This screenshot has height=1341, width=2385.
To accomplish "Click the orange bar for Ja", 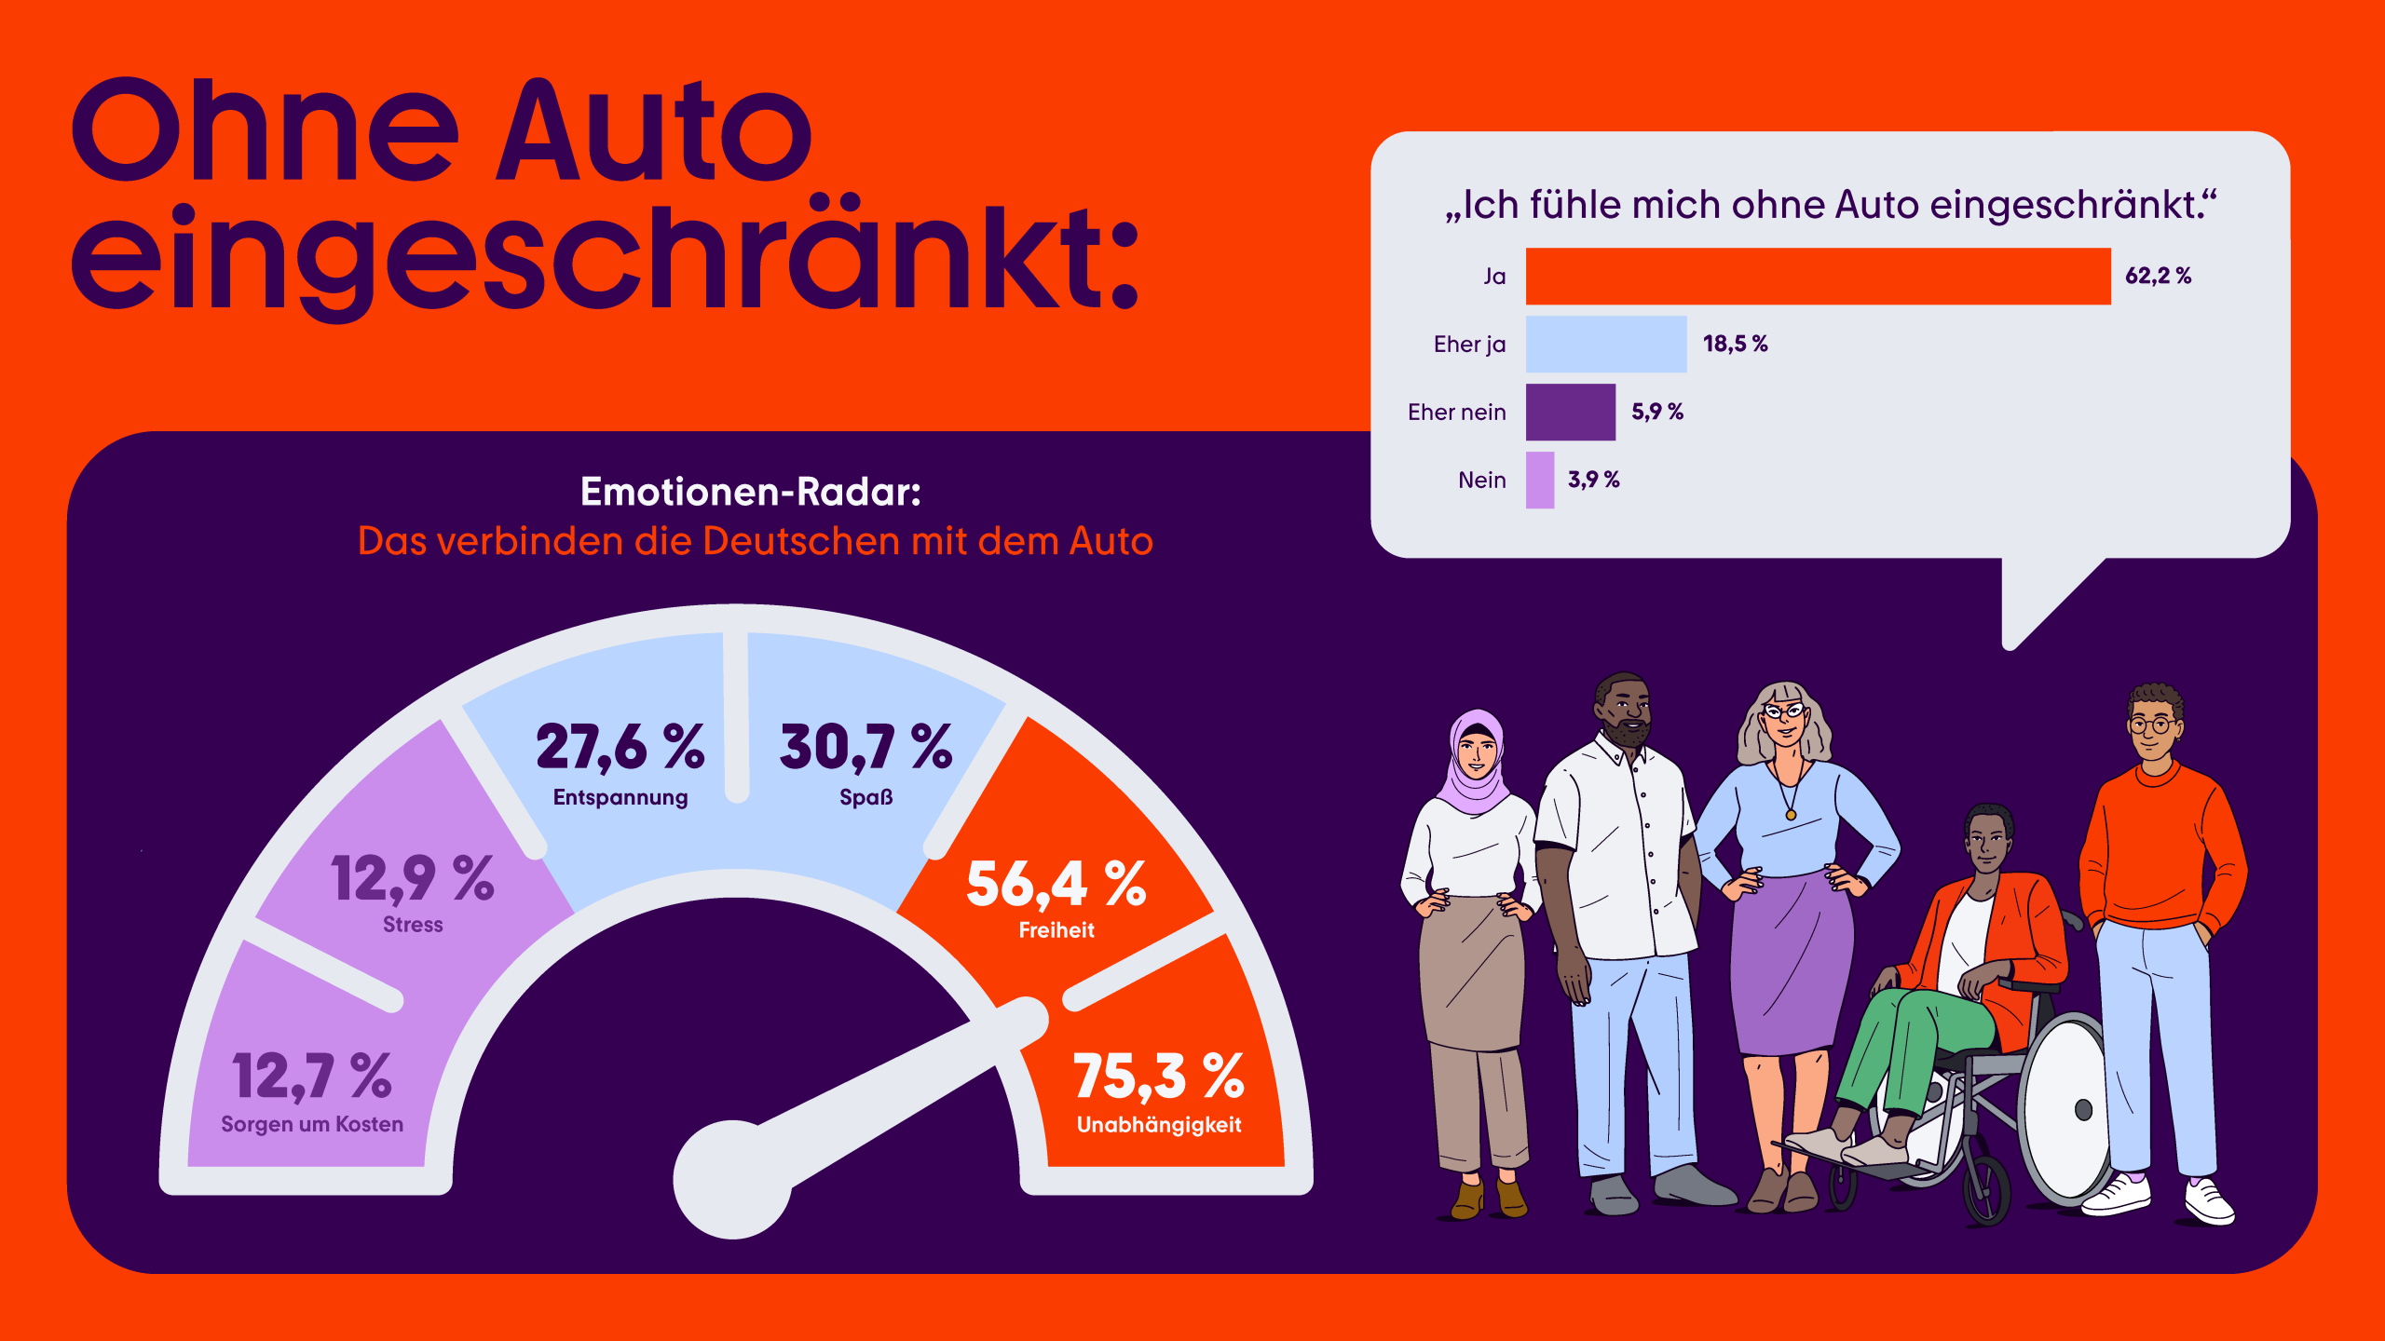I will click(x=1817, y=276).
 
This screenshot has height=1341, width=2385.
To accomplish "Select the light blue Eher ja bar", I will click(x=1605, y=344).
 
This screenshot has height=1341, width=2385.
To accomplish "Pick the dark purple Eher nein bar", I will click(x=1570, y=412).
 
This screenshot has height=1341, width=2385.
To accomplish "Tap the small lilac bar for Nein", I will click(x=1539, y=480).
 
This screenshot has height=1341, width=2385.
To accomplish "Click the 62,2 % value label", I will click(x=2158, y=276).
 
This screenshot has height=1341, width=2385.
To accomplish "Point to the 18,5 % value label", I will click(x=1735, y=344).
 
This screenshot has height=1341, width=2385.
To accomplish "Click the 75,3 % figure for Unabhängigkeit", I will click(x=1158, y=1077).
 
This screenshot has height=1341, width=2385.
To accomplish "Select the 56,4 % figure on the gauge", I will click(x=1056, y=884).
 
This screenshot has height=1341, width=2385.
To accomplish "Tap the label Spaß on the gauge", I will click(x=865, y=797).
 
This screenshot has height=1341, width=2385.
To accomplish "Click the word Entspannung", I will click(x=620, y=797).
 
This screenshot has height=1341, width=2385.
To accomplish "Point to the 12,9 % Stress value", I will click(x=412, y=879).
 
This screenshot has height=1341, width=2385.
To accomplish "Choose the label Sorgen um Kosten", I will click(x=312, y=1124).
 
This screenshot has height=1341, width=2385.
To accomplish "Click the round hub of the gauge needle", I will click(x=733, y=1179).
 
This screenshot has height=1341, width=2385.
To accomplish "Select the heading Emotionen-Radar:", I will click(x=750, y=492).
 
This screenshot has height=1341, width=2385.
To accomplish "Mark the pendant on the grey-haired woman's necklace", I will click(x=1791, y=815).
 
